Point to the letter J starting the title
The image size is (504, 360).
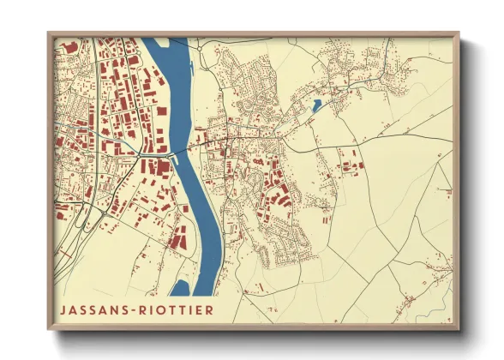pos(63,308)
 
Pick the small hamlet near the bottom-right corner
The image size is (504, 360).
pos(411,300)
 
